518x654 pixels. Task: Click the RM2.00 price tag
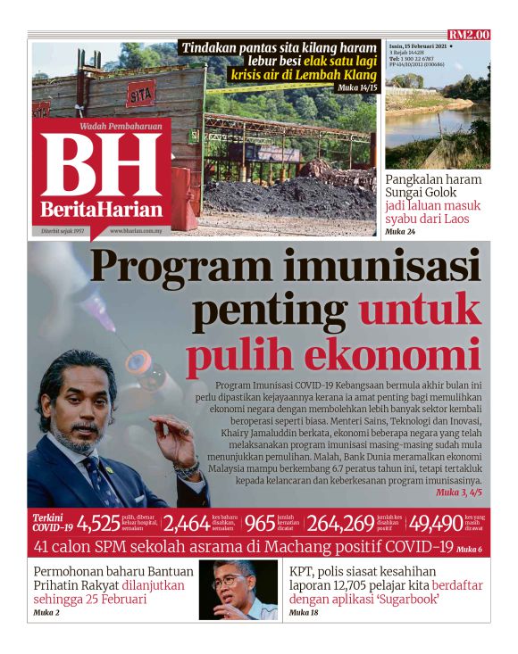point(469,35)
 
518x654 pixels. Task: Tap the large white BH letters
point(101,167)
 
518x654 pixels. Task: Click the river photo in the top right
point(438,107)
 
